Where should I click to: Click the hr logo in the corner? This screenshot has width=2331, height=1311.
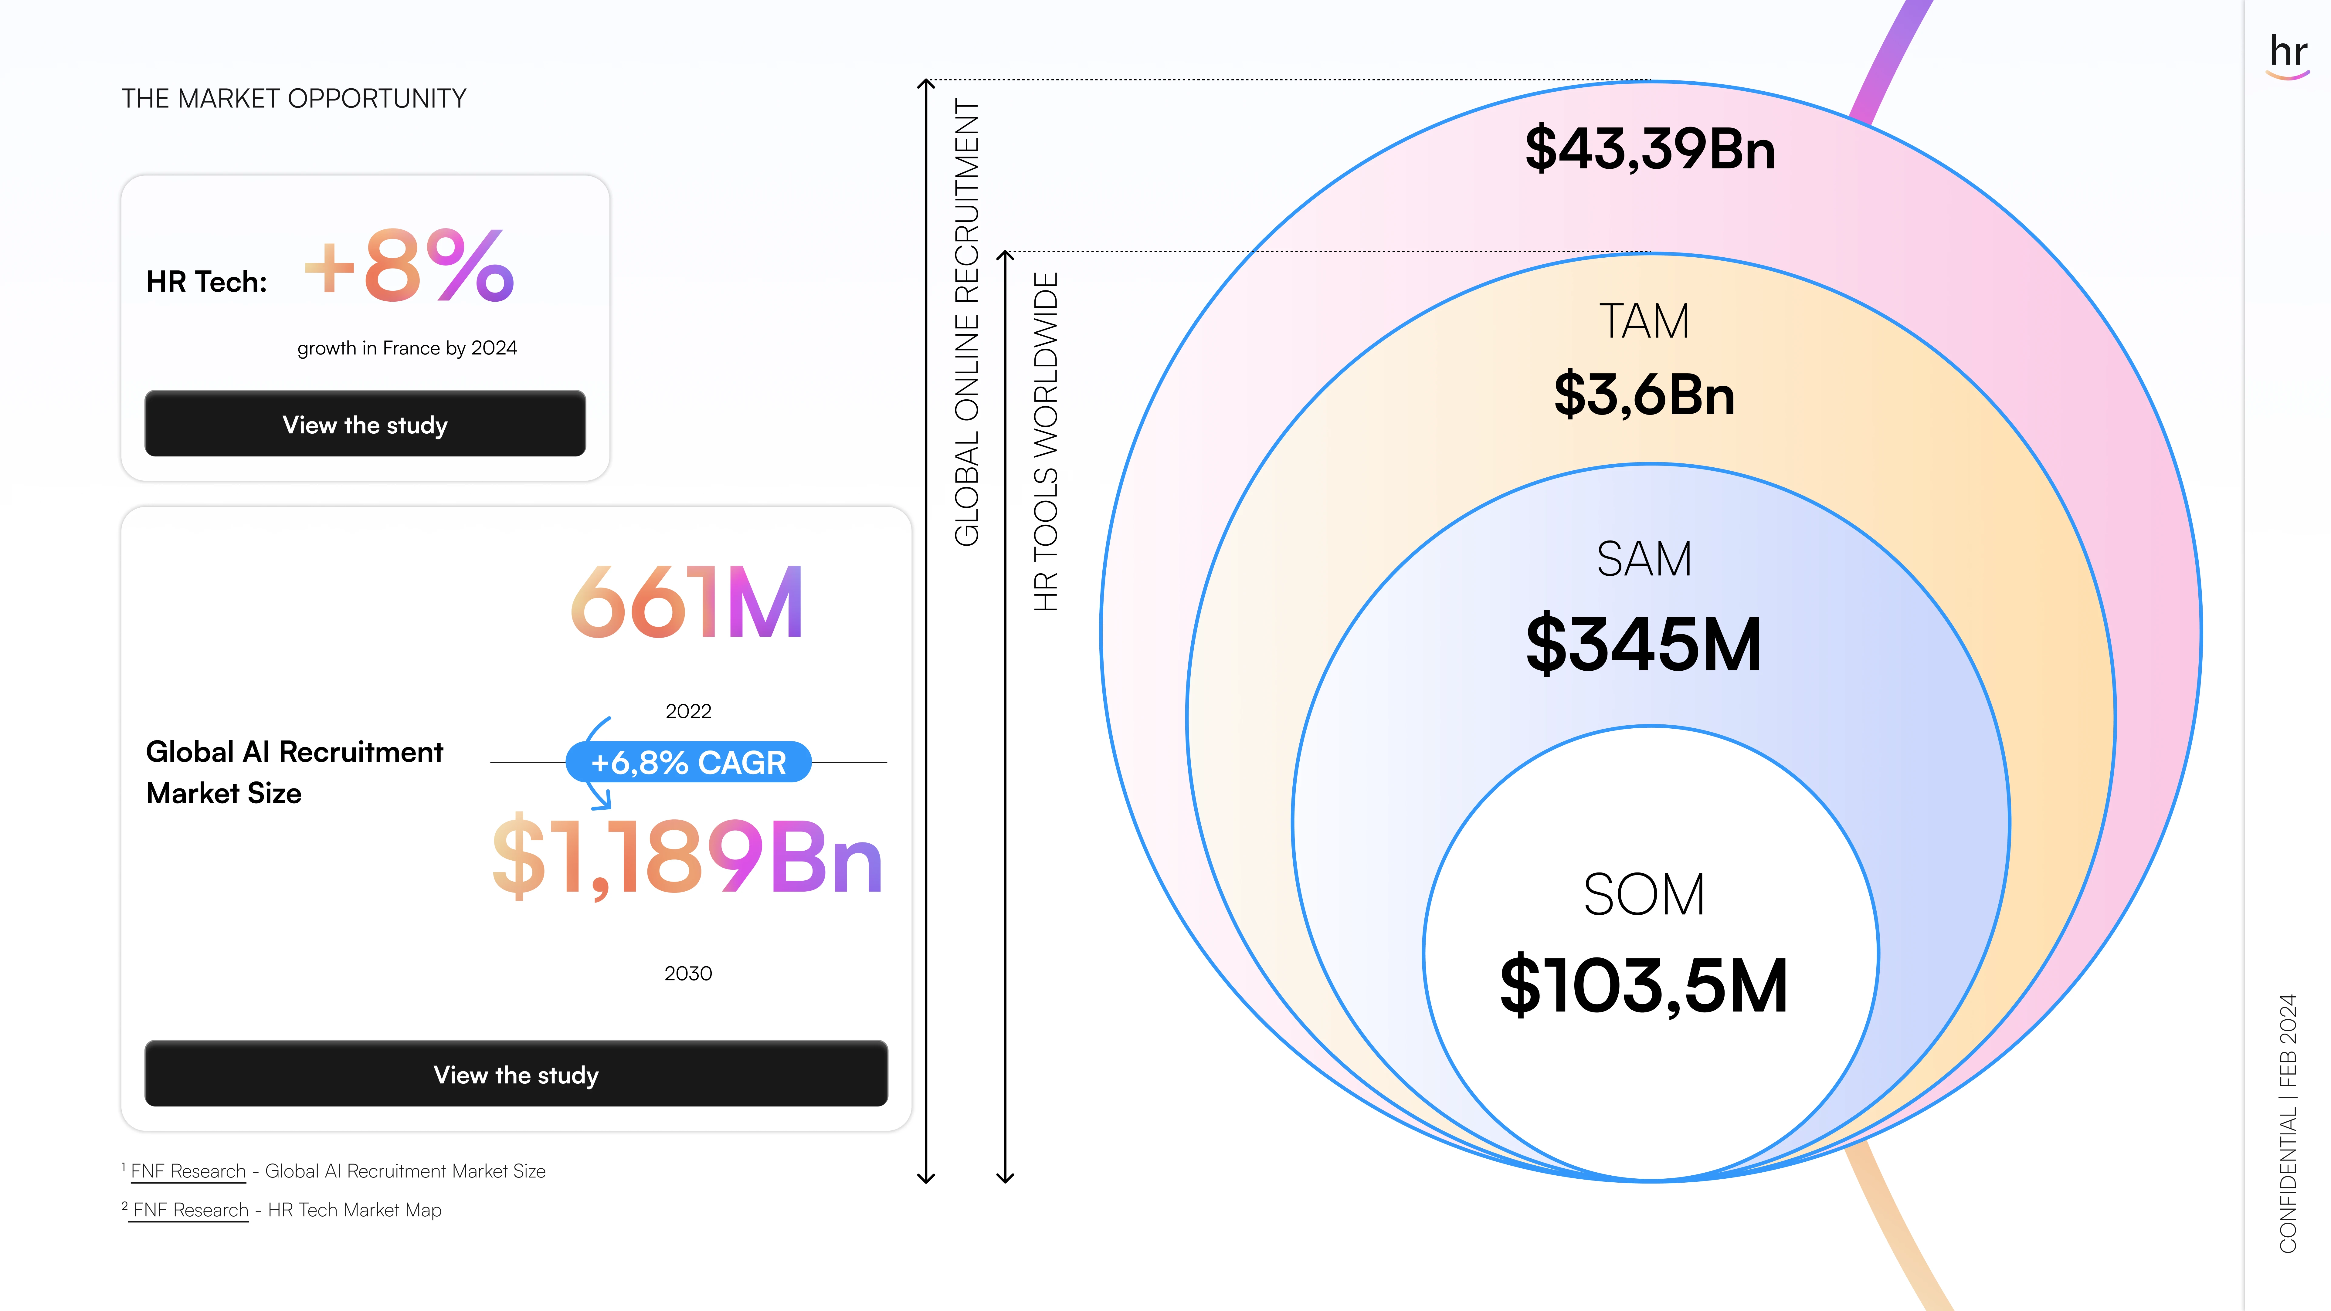(x=2288, y=54)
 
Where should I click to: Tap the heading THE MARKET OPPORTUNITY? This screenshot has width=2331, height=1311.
(x=294, y=99)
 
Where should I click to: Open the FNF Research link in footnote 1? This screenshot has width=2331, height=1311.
(x=188, y=1172)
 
